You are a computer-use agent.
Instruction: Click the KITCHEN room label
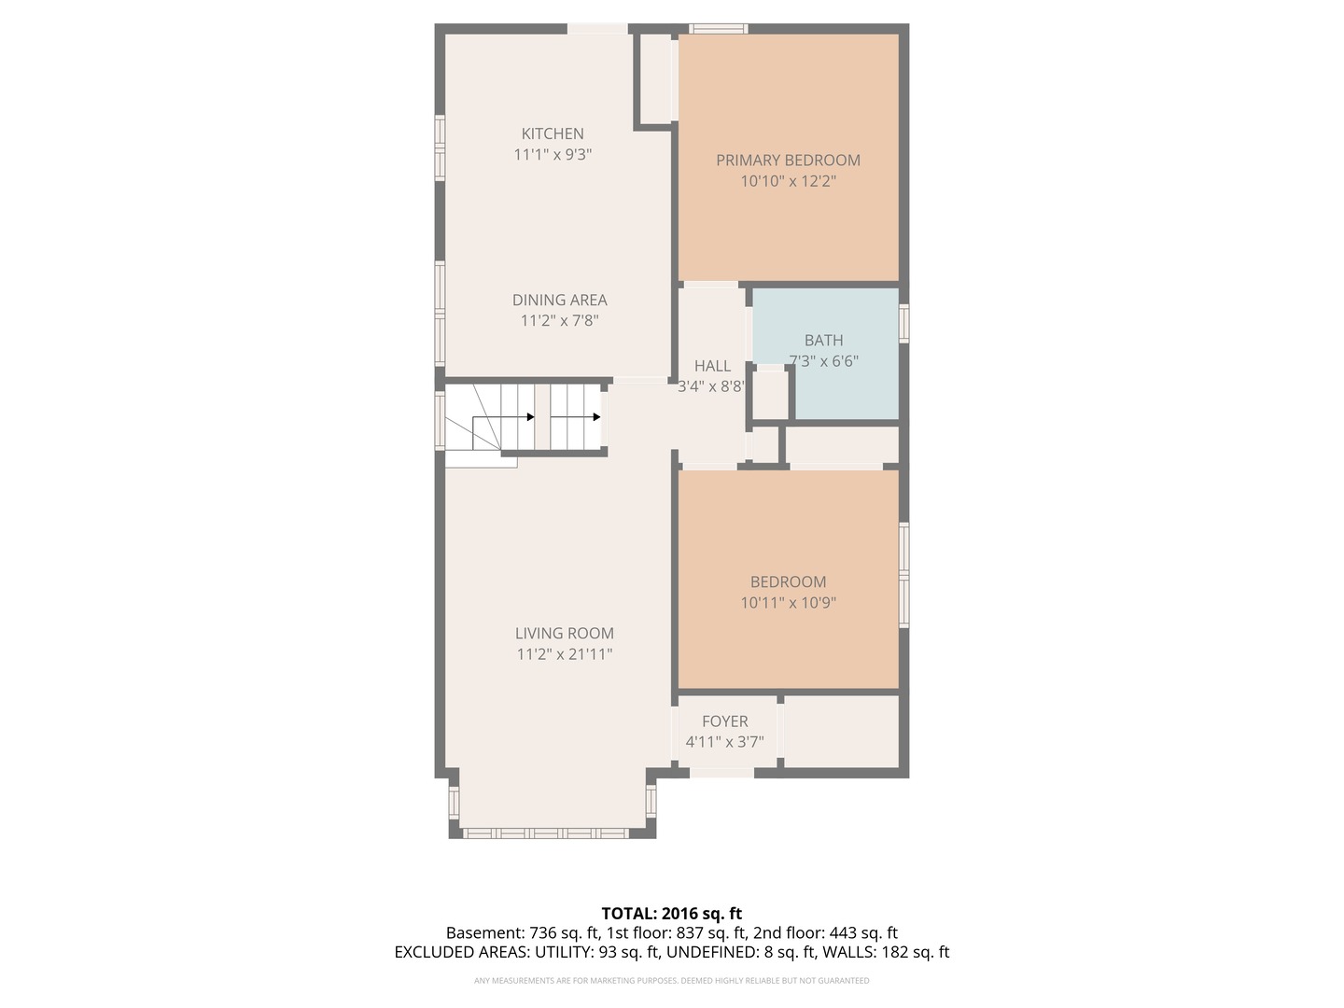[553, 133]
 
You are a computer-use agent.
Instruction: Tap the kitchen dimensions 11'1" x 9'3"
[553, 154]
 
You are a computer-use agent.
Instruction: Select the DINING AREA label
[560, 300]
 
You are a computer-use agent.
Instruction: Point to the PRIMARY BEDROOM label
[788, 161]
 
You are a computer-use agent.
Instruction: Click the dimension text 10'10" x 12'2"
[788, 181]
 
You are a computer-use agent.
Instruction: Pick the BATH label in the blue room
[823, 341]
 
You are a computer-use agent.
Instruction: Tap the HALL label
[712, 366]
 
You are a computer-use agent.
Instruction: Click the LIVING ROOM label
[564, 634]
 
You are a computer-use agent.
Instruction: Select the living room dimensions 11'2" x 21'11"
[564, 654]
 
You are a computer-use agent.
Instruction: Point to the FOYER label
[725, 721]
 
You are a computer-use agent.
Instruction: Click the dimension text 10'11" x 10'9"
[788, 603]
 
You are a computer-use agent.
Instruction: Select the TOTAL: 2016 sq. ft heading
[672, 914]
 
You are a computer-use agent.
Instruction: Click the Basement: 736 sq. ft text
[523, 933]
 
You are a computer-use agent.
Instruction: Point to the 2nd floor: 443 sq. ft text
[825, 933]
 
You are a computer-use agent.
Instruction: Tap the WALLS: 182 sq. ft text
[886, 952]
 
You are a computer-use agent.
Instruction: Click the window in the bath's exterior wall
[903, 323]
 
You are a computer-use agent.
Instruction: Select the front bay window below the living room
[546, 833]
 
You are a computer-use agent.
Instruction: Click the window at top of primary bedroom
[719, 29]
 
